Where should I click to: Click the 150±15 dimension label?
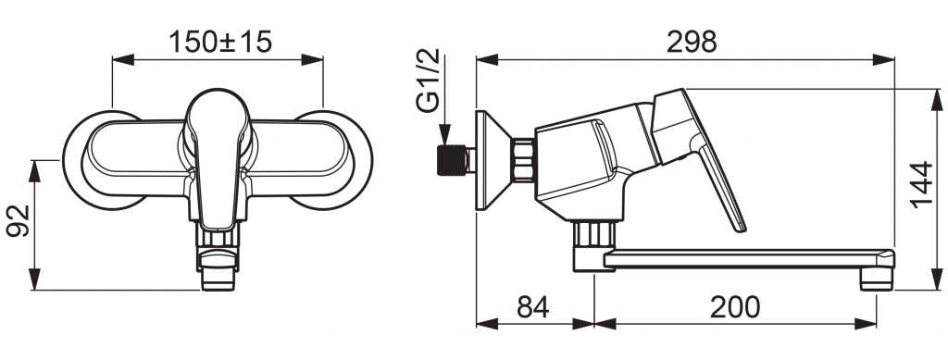point(220,42)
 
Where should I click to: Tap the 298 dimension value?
point(692,42)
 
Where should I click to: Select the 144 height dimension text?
point(922,185)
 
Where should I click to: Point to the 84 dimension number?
point(533,307)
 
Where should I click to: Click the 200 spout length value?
point(734,307)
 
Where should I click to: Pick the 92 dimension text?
point(19,221)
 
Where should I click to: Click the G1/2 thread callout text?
point(428,81)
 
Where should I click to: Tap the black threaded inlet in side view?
point(452,160)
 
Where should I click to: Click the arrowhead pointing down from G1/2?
point(444,135)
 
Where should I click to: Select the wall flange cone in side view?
point(493,160)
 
